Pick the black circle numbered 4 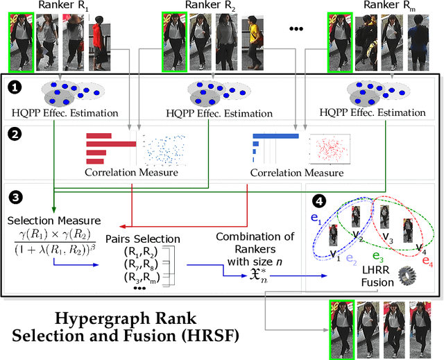318,202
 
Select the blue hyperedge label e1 316,217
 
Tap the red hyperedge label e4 427,262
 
